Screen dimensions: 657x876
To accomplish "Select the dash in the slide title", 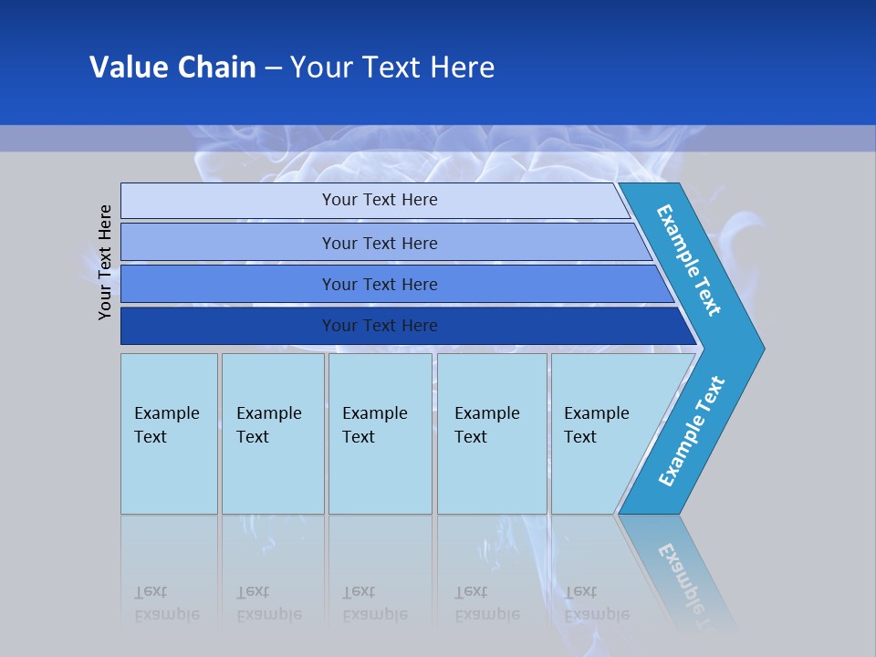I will (x=273, y=68).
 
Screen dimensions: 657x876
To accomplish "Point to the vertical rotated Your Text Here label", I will (x=105, y=262).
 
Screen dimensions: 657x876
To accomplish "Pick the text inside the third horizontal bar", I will (x=380, y=285).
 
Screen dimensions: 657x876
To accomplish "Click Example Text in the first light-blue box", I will (x=166, y=425).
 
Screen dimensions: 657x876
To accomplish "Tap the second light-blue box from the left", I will (x=273, y=433).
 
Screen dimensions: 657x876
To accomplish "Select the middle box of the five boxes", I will (x=380, y=433).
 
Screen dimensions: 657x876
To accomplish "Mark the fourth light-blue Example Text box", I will (x=492, y=433).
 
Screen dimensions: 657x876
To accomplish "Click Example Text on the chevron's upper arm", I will (x=689, y=260).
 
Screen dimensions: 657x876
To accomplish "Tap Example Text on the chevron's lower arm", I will (x=691, y=432).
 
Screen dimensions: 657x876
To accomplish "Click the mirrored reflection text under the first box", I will (x=166, y=603).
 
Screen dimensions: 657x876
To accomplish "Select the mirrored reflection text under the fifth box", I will (x=596, y=603).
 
